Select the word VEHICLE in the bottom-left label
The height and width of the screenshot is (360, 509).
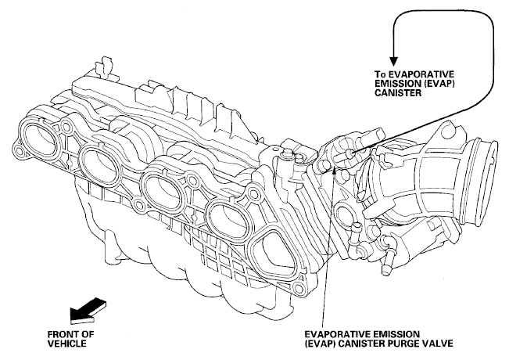tap(67, 344)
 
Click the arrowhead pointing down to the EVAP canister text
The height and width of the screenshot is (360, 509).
tap(393, 62)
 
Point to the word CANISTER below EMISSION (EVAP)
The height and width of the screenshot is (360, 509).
tap(398, 92)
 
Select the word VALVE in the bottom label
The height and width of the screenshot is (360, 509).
tap(439, 344)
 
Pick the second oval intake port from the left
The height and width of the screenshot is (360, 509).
tap(99, 164)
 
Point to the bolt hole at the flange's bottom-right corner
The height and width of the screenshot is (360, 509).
tap(296, 287)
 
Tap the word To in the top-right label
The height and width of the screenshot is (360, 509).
tap(381, 74)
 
